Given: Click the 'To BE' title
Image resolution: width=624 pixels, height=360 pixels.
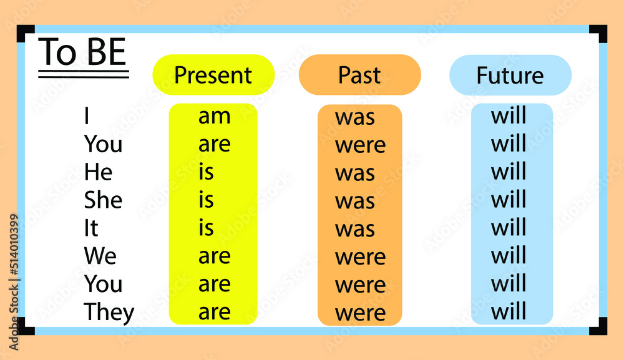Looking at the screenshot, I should tap(83, 53).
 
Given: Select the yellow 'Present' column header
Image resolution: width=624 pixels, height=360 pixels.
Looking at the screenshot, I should tap(213, 75).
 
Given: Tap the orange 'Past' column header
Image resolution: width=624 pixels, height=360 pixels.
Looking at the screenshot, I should tap(359, 75).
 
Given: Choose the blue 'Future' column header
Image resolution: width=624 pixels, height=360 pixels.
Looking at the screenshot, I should tap(510, 75).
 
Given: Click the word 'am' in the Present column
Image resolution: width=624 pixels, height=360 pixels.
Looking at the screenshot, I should tap(214, 116).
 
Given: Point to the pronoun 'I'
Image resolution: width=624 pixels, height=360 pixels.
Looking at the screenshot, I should tap(87, 116).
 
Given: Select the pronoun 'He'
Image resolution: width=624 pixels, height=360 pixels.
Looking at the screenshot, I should tap(98, 172).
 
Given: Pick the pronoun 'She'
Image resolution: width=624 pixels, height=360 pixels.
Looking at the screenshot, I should tap(103, 200).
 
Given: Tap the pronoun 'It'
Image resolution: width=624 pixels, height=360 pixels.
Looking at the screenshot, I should tap(91, 228).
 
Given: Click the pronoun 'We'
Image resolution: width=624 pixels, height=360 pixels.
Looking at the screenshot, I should tap(100, 256).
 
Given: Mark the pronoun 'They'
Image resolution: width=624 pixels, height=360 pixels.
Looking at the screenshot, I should tap(109, 312).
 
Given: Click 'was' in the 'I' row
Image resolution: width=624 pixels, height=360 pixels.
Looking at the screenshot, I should tap(355, 117).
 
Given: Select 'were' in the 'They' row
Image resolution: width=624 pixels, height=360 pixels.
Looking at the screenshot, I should tap(360, 313).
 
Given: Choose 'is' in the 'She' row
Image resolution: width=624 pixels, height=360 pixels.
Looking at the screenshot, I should tap(206, 200).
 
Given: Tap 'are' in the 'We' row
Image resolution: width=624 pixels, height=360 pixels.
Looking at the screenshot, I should tap(214, 256).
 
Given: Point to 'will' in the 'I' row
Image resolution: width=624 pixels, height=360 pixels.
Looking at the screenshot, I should tap(509, 116).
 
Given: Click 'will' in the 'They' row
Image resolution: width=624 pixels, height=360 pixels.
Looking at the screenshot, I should tap(509, 311).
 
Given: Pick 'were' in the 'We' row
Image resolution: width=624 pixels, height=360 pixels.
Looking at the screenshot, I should tap(360, 257).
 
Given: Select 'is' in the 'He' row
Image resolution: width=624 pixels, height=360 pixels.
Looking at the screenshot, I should tap(206, 172).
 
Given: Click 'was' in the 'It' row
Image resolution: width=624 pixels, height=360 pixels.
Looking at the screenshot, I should tap(355, 229).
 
